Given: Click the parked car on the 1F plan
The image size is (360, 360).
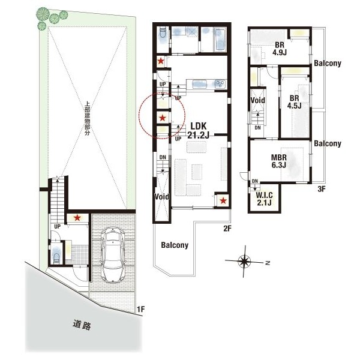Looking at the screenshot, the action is (113, 255).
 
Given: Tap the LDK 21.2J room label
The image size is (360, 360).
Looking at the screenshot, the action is (199, 130).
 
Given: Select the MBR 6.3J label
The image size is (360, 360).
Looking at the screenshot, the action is (279, 161).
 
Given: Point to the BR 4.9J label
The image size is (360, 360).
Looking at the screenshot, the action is (280, 49).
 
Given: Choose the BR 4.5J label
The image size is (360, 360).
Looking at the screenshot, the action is (294, 102).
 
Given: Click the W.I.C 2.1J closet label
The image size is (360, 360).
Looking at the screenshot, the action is (264, 199).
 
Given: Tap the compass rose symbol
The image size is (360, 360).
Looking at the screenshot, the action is (244, 261).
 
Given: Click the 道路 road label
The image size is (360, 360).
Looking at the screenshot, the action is (82, 325).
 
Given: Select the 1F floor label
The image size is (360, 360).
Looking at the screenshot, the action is (141, 309).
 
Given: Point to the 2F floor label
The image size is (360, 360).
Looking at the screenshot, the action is (227, 229).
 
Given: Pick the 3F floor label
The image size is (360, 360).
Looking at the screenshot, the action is (322, 189).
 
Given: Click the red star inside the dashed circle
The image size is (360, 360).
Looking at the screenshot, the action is (163, 118).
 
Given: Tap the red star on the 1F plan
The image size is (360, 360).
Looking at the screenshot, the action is (77, 218).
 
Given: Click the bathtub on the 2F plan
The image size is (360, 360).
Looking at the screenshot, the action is (220, 40).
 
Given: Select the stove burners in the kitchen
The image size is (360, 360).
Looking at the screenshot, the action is (221, 84).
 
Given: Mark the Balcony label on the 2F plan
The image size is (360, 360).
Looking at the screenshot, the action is (175, 245).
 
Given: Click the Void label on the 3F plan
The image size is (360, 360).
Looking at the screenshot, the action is (257, 100).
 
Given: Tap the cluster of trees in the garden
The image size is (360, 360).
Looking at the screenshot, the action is (51, 18).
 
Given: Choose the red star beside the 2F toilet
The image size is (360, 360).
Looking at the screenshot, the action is (161, 61).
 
